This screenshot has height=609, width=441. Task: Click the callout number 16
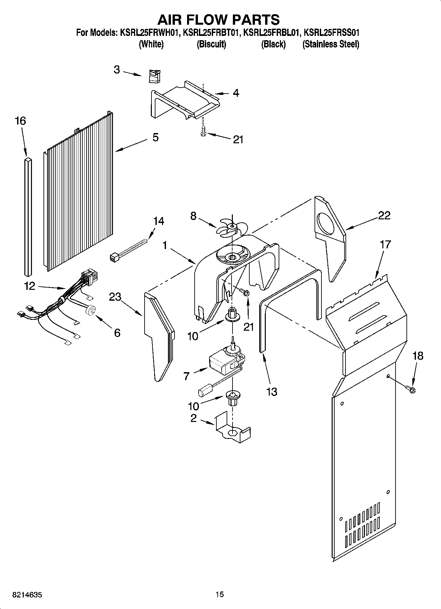pyautogui.click(x=20, y=121)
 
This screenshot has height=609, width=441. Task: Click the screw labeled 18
pyautogui.click(x=412, y=390)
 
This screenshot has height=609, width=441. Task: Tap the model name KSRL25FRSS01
pyautogui.click(x=331, y=33)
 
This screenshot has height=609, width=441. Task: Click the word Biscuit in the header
pyautogui.click(x=211, y=44)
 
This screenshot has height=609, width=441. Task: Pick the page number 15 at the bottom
pyautogui.click(x=220, y=595)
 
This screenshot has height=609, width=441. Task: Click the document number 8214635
pyautogui.click(x=27, y=595)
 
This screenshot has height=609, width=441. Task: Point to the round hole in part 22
pyautogui.click(x=326, y=221)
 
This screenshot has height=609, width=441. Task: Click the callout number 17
pyautogui.click(x=385, y=244)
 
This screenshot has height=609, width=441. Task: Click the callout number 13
pyautogui.click(x=272, y=392)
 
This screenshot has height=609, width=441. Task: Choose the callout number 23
pyautogui.click(x=115, y=297)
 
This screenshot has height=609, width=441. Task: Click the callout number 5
pyautogui.click(x=155, y=137)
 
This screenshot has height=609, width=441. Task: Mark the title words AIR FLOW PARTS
pyautogui.click(x=218, y=20)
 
